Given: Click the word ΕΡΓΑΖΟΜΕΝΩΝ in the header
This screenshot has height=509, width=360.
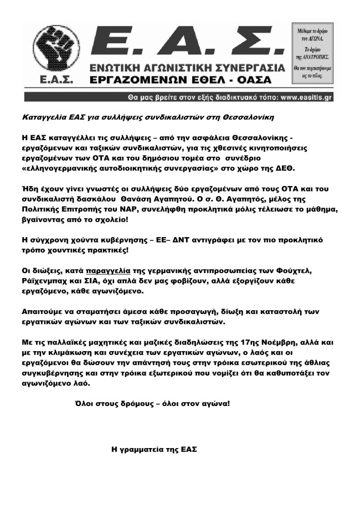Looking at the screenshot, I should point(142,80).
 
